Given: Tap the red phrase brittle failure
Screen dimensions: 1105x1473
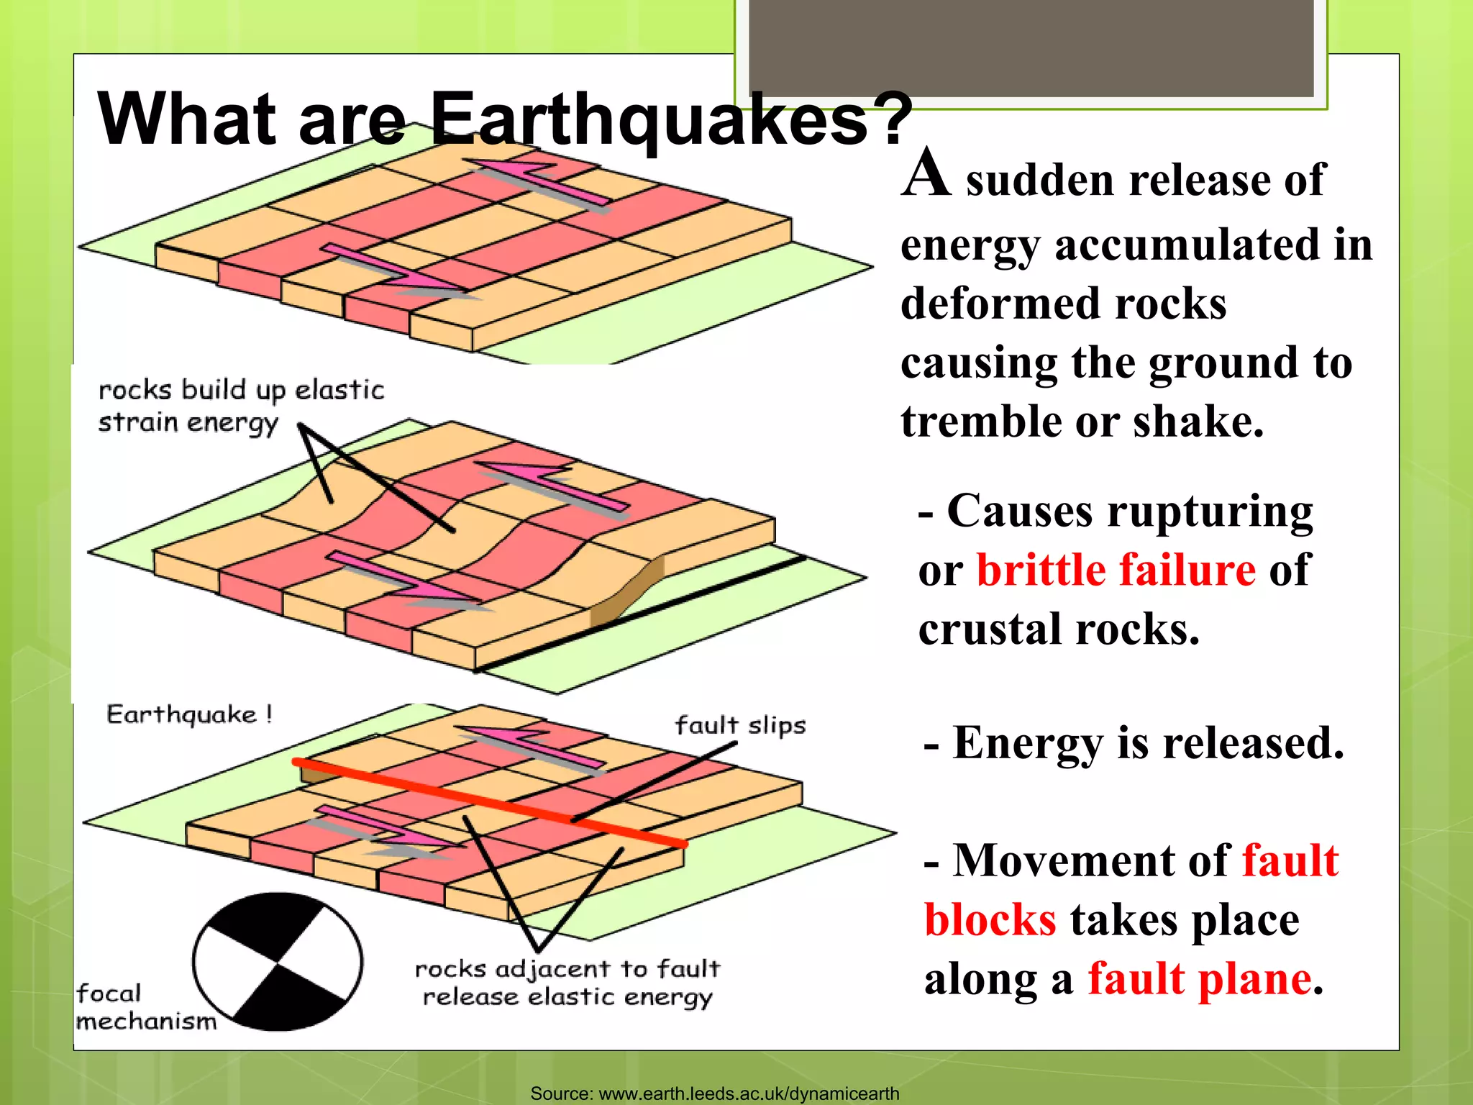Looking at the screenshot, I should (x=1116, y=570).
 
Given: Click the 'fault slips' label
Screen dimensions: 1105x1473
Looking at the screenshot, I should (x=740, y=725).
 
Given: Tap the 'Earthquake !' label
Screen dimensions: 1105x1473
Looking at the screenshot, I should (x=189, y=714).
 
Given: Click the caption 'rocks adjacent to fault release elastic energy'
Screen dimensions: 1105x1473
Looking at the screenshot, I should (x=567, y=983).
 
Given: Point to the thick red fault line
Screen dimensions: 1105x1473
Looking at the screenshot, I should (x=489, y=802).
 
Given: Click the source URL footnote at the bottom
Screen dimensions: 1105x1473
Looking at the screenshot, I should (x=714, y=1093).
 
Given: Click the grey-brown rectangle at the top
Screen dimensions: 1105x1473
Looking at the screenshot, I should (x=1031, y=47).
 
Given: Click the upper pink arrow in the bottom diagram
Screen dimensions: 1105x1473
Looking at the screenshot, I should (x=531, y=746).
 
